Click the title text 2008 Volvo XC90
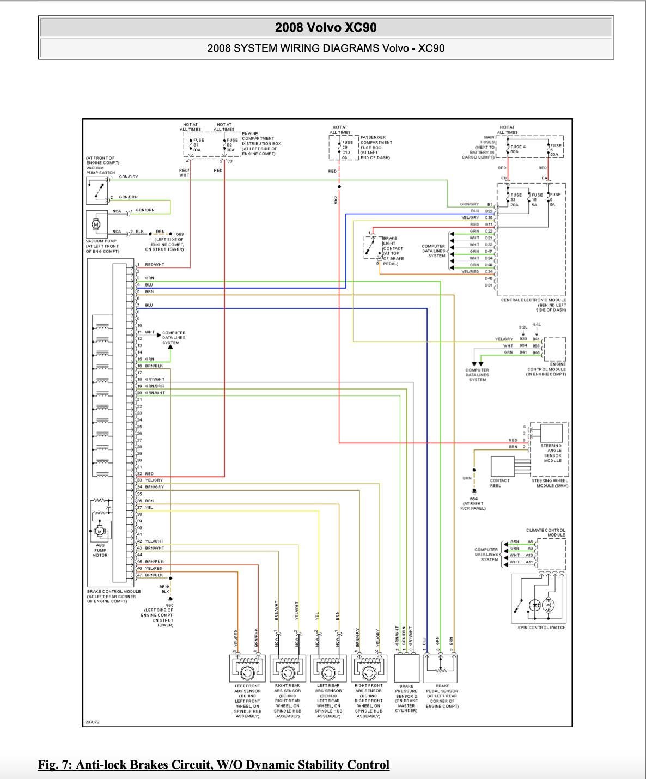326,28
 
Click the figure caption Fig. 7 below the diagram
214,765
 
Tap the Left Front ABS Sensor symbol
247,669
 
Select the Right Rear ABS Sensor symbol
288,669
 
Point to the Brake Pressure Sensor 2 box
406,668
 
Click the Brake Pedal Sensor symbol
440,668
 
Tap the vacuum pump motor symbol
96,224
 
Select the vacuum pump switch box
96,191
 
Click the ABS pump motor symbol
99,531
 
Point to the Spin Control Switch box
539,598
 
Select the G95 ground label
169,605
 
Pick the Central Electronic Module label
533,300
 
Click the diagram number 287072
92,722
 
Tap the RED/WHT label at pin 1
154,265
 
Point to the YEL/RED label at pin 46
154,568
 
